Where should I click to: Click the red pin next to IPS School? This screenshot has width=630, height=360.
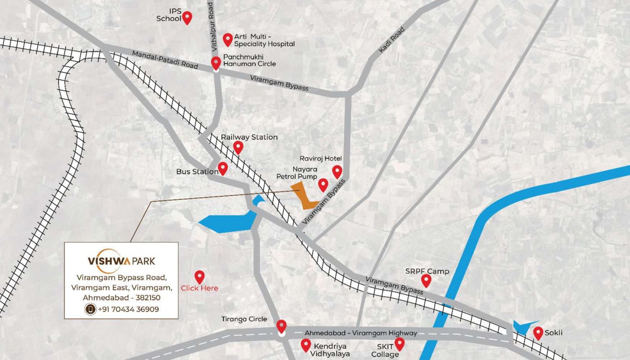point(187,17)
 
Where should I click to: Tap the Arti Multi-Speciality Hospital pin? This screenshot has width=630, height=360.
point(228,39)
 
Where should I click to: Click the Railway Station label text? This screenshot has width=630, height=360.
point(249,137)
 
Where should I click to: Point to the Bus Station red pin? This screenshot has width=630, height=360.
point(223,168)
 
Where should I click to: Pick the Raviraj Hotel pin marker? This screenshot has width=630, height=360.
point(337,171)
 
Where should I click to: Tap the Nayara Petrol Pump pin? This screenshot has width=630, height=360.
point(323,184)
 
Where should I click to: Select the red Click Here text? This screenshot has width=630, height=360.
point(199,288)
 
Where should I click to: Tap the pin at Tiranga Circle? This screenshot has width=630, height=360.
point(282,326)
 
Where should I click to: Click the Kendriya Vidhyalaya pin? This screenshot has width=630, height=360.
point(306,344)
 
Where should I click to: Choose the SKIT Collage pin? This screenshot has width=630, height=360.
point(399,343)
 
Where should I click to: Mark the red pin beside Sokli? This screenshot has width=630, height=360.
point(538,333)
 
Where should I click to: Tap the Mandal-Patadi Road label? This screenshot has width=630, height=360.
point(165,60)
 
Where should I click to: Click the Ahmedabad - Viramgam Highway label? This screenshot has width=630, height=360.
point(361,333)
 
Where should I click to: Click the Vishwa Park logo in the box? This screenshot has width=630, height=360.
point(121,260)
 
